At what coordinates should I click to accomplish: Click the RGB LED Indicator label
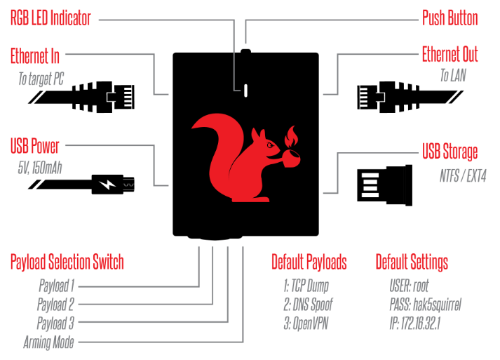50,18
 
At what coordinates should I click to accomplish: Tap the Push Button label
450,18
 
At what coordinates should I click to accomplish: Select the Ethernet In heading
35,55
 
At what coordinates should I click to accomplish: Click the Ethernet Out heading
450,55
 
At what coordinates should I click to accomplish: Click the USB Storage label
450,152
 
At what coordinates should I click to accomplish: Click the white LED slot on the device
245,90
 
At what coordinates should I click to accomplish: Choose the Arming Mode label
48,342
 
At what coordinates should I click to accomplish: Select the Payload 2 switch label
55,305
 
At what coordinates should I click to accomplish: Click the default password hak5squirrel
426,305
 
